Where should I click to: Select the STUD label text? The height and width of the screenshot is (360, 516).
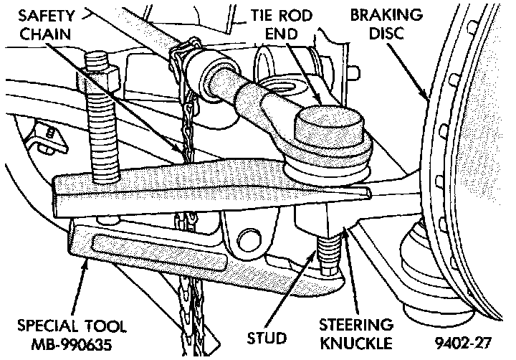tap(267, 336)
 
